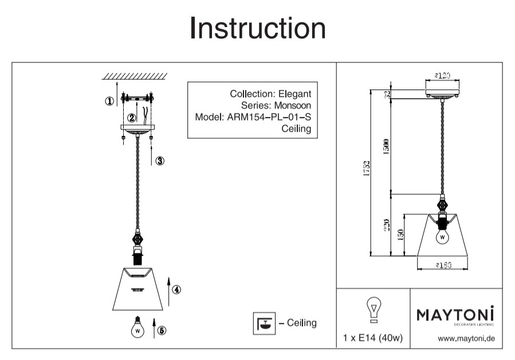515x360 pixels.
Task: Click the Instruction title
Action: (x=257, y=28)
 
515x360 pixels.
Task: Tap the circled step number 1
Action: (x=109, y=101)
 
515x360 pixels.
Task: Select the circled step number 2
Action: (x=132, y=118)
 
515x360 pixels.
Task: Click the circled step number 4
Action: (x=177, y=290)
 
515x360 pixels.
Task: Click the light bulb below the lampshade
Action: (x=137, y=327)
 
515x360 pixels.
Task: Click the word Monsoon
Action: (x=292, y=105)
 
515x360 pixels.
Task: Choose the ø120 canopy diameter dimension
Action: (x=442, y=75)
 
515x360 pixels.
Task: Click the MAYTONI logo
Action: (x=454, y=315)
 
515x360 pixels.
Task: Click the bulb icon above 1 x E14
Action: (x=374, y=310)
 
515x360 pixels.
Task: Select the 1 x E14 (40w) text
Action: (x=372, y=338)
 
